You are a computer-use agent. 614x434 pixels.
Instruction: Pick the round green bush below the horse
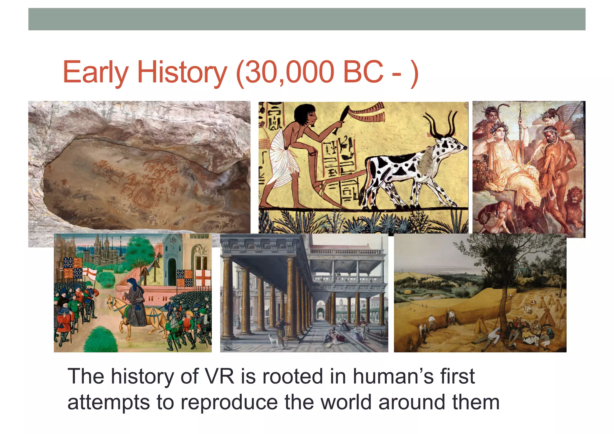[x=100, y=340]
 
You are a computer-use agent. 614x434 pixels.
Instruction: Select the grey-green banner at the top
[x=307, y=19]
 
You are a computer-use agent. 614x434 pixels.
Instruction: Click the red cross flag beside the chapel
[x=203, y=277]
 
